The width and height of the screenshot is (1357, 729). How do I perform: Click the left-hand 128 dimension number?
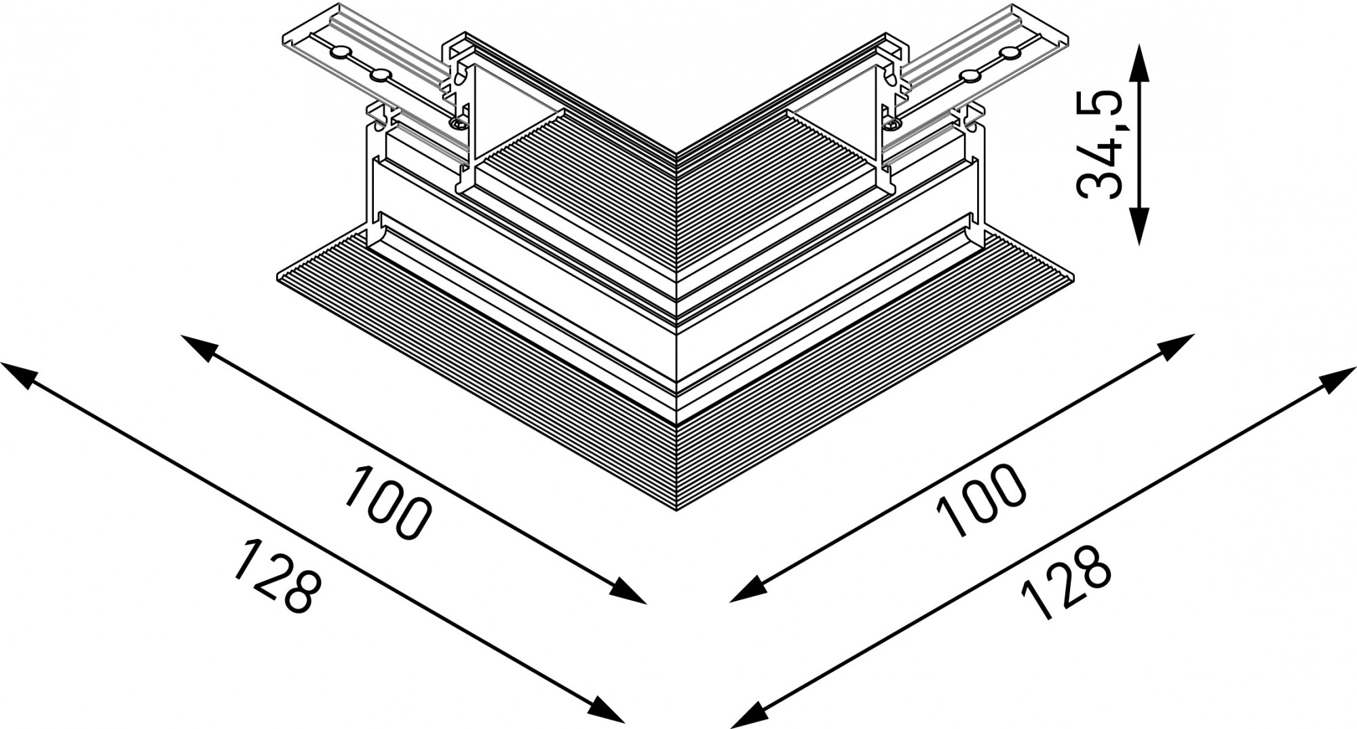[x=275, y=576]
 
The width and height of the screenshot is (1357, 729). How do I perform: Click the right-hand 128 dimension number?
[x=1066, y=582]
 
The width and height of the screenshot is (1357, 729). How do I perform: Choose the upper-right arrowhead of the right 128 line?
[x=1340, y=377]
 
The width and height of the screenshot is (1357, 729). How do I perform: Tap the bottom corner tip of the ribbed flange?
[x=676, y=510]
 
